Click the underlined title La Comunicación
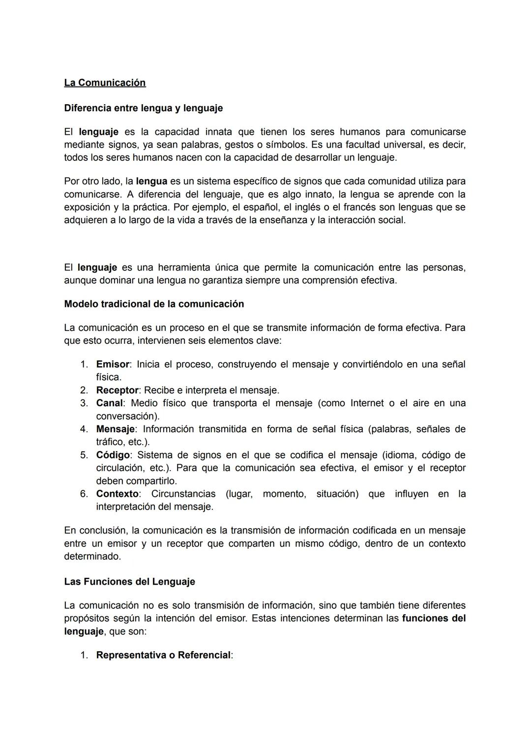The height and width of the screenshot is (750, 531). pos(105,83)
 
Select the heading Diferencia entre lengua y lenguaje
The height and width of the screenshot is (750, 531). pos(143,108)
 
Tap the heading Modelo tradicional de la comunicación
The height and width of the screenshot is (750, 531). pos(154,304)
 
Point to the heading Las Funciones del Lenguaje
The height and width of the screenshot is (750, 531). pos(129,581)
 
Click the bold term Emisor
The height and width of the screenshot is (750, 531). pos(113,364)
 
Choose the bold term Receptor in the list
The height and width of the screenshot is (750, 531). pos(117,390)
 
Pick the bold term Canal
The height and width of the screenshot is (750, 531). pos(109,403)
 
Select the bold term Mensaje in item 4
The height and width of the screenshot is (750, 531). pos(115,429)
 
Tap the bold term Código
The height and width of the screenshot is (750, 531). pos(113,455)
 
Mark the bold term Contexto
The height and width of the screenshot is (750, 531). pos(117,494)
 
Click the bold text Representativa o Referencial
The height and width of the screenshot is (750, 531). pos(163,655)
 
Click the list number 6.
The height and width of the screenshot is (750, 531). pos(84,494)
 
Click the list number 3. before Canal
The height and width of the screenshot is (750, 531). pos(84,403)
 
